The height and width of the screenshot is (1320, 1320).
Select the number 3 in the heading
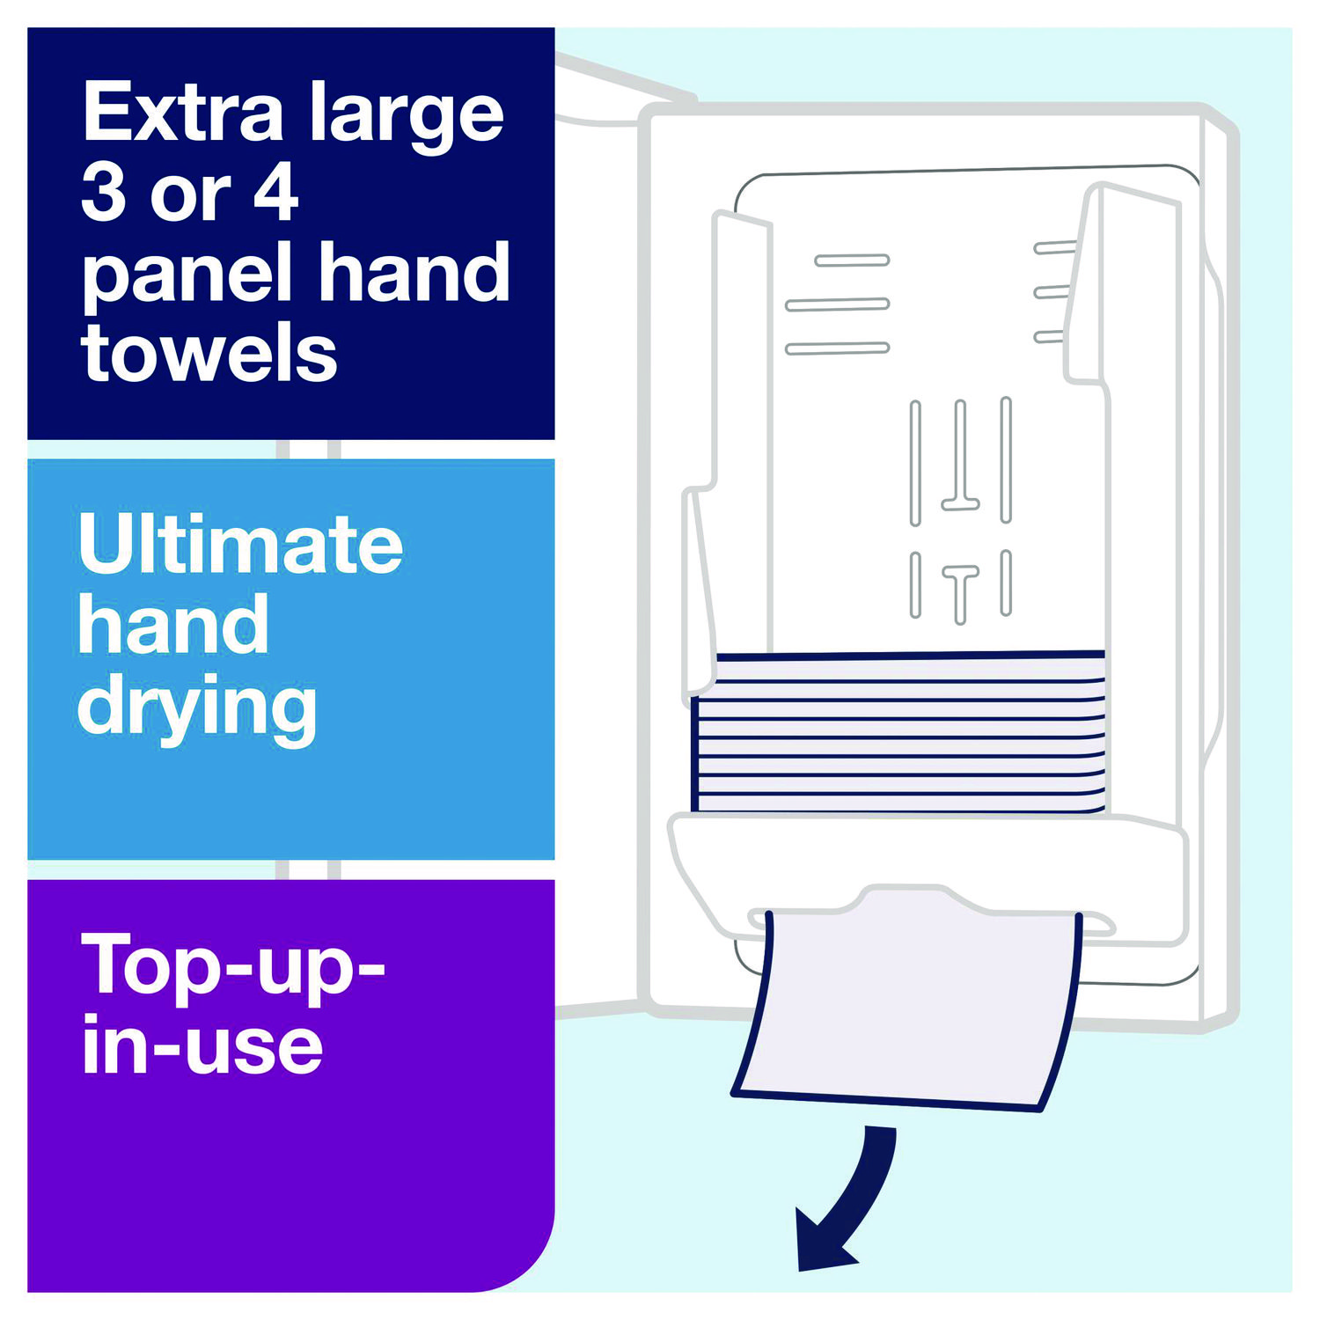(103, 193)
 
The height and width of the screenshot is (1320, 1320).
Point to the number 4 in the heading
(276, 193)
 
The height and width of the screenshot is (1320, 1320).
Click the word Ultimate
(240, 544)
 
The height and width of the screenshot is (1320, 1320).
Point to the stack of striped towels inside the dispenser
(898, 732)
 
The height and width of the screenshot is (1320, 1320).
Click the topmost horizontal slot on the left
(852, 260)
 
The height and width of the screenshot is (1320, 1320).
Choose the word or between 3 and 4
(190, 199)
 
